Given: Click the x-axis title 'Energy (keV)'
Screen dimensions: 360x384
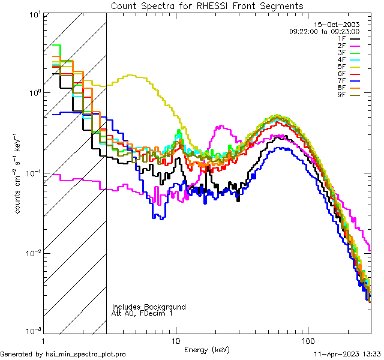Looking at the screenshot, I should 206,350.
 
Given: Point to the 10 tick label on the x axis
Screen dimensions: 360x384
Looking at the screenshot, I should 176,340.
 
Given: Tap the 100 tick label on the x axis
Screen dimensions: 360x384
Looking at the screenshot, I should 307,340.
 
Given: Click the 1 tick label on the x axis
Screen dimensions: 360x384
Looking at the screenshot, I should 44,340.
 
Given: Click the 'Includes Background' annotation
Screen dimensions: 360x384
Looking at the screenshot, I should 148,307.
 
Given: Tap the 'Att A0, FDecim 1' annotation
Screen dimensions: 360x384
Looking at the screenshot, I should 142,313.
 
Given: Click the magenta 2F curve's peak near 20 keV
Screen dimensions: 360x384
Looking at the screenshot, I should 222,127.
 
